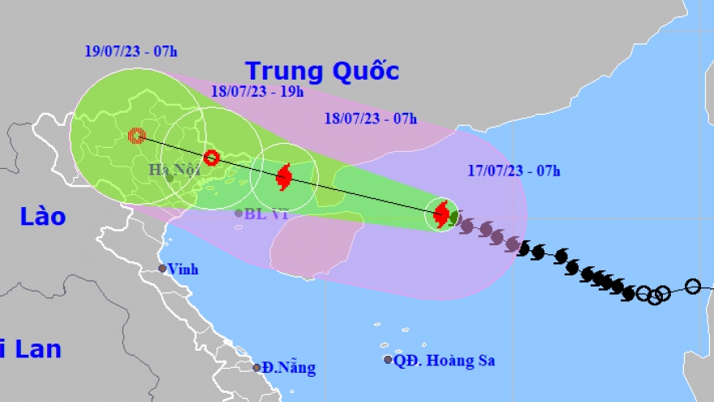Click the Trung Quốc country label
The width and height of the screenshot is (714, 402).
point(322,71)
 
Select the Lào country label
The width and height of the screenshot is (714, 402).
point(44,217)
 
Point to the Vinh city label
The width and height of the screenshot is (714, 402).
point(184,270)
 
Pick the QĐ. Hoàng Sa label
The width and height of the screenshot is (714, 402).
point(444,361)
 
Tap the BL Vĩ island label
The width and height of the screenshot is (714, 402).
point(266,214)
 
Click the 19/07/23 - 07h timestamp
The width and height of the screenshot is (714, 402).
point(131,51)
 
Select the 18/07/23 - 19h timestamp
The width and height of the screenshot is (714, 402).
point(256,92)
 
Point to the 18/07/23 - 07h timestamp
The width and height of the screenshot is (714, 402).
point(370,119)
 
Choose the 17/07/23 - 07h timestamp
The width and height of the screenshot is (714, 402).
point(514,171)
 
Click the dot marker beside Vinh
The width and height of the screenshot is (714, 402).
point(162,269)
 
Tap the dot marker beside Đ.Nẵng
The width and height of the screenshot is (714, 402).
point(256,368)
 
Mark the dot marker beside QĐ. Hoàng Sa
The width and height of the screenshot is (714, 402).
point(388,360)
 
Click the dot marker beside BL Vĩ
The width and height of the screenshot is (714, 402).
point(239,214)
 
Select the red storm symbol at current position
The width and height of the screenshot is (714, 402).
point(441,214)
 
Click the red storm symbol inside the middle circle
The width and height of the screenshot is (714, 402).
point(284,176)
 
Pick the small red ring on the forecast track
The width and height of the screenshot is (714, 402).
point(211,158)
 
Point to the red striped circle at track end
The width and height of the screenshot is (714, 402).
point(137,136)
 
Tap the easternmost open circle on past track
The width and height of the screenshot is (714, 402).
point(692,286)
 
